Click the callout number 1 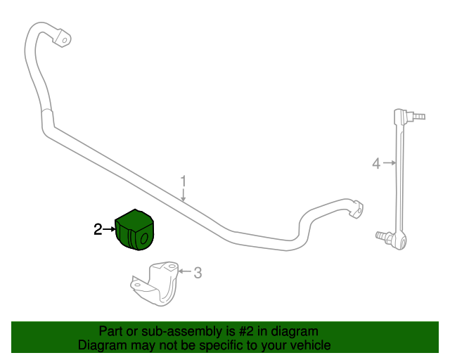tap(183, 181)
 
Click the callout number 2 tap(98, 229)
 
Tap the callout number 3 tap(198, 272)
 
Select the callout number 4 tap(376, 164)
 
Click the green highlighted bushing tap(134, 230)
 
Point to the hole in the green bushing tap(143, 238)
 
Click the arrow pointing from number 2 tap(109, 229)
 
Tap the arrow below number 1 tap(184, 195)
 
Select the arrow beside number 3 tap(185, 271)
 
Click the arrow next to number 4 tap(390, 163)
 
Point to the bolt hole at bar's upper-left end tap(65, 40)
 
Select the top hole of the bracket tap(172, 266)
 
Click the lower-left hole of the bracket tap(138, 285)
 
